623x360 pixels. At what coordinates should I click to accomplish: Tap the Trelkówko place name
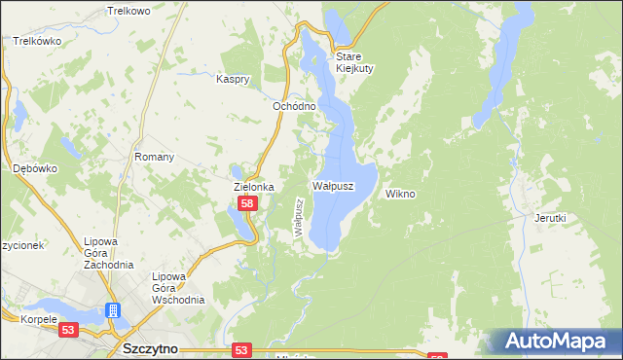coord(38,41)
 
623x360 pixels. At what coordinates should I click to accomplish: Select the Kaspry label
coord(235,79)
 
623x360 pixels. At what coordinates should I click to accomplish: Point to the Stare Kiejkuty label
coord(354,62)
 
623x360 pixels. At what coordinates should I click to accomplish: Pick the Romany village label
coord(154,157)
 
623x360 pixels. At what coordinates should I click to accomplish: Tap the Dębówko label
coord(35,167)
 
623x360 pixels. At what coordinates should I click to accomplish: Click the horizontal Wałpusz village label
coord(332,184)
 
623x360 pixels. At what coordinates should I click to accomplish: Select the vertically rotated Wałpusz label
coord(300,217)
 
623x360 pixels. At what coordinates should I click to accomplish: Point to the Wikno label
coord(400,194)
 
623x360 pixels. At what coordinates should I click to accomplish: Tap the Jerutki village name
coord(549,218)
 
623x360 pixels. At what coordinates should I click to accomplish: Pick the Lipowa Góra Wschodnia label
coord(177,288)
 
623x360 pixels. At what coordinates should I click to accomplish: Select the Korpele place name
coord(22,318)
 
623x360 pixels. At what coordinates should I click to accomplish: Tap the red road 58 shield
coord(247,203)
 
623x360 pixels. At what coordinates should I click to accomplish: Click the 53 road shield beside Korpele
coord(68,331)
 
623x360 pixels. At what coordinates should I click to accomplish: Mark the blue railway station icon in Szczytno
coord(113,311)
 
